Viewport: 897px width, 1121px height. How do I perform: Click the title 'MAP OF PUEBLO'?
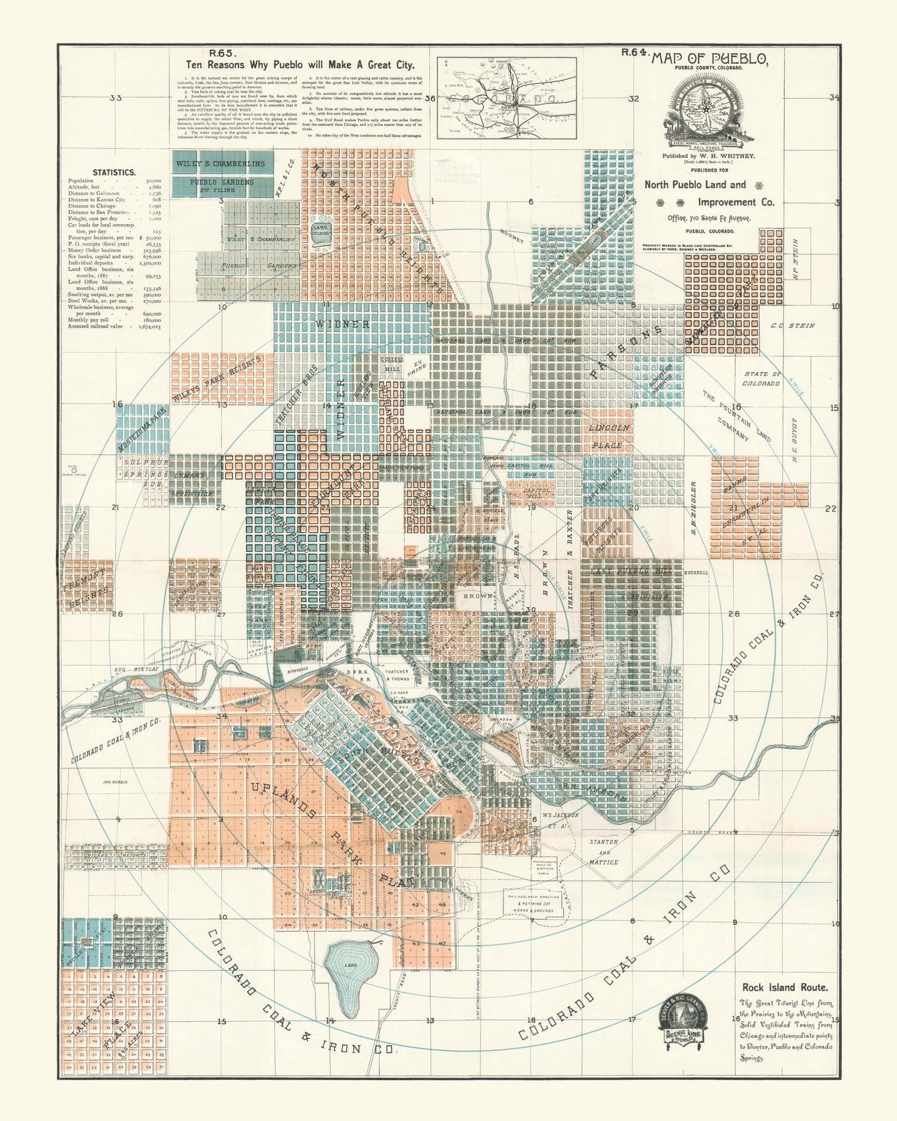(709, 60)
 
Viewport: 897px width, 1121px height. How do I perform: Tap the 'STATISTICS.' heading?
(114, 173)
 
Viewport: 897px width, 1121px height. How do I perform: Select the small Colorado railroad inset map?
(507, 97)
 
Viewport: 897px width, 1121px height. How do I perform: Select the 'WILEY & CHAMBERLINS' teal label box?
(220, 164)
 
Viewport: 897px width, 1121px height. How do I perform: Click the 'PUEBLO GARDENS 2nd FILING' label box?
(222, 186)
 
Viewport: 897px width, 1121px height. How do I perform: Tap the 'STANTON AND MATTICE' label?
(603, 852)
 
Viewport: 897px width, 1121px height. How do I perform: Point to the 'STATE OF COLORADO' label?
(761, 379)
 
